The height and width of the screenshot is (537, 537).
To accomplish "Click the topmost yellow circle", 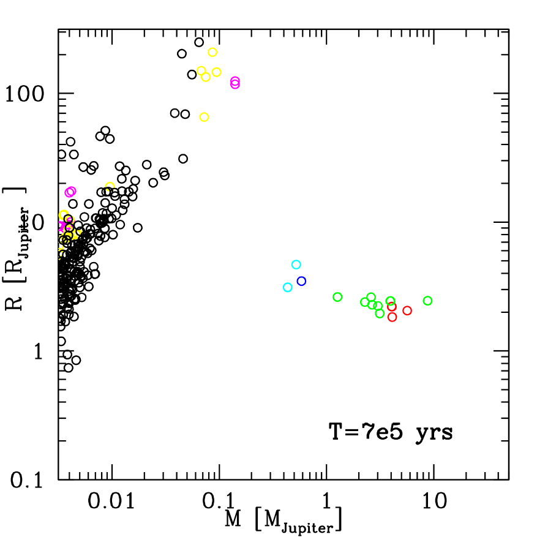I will pyautogui.click(x=212, y=52).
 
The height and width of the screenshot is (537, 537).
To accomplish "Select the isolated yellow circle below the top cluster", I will pyautogui.click(x=204, y=117).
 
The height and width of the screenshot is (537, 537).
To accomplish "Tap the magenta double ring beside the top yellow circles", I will pyautogui.click(x=235, y=83).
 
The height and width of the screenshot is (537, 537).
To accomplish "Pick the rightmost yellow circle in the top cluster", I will pyautogui.click(x=216, y=72).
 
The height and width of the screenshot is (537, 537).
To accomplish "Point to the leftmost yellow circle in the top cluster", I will pyautogui.click(x=201, y=70).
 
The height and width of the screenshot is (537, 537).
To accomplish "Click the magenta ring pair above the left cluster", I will pyautogui.click(x=70, y=192).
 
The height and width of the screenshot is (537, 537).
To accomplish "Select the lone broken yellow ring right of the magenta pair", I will pyautogui.click(x=110, y=186).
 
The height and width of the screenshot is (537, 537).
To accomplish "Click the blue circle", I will pyautogui.click(x=301, y=281).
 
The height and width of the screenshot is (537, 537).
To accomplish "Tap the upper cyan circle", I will pyautogui.click(x=296, y=265).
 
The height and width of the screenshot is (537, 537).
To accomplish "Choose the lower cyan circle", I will pyautogui.click(x=287, y=287).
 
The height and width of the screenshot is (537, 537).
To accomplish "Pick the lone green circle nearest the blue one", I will pyautogui.click(x=337, y=297).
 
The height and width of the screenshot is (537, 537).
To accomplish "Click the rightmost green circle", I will pyautogui.click(x=427, y=301).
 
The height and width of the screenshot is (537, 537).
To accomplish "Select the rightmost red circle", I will pyautogui.click(x=407, y=310).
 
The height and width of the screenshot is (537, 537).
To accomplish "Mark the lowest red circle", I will pyautogui.click(x=392, y=317).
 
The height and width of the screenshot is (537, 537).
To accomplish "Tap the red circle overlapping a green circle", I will pyautogui.click(x=392, y=307).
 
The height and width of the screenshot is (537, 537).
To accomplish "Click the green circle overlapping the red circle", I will pyautogui.click(x=390, y=301).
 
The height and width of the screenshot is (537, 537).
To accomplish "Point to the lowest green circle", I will pyautogui.click(x=380, y=314).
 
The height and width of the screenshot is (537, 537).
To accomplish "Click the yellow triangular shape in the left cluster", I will pyautogui.click(x=77, y=233).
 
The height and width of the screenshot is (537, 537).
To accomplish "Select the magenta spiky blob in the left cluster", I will pyautogui.click(x=62, y=227).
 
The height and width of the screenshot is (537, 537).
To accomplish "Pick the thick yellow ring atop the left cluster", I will pyautogui.click(x=64, y=215).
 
